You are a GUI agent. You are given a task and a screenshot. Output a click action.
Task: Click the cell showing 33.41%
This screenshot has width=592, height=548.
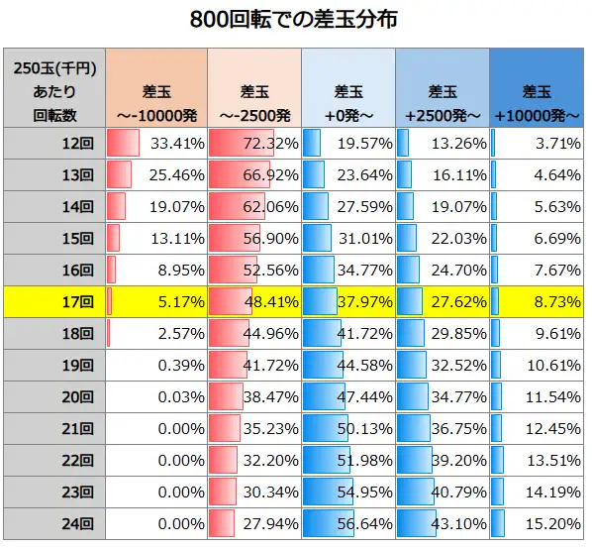(177, 144)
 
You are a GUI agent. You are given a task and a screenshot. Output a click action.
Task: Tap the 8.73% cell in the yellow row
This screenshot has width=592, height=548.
(557, 301)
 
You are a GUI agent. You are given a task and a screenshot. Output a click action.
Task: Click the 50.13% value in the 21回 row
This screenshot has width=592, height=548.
(365, 427)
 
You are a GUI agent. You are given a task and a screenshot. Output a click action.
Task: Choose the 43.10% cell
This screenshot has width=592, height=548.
(459, 522)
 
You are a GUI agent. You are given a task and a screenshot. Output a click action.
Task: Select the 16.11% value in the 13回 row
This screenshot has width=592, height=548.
(459, 175)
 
